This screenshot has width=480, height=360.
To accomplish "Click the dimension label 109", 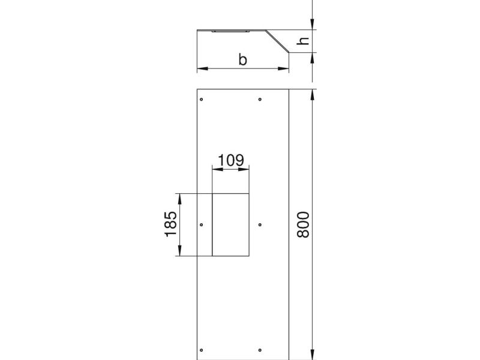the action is (x=231, y=160).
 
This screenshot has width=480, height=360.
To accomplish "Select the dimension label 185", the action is (x=171, y=224).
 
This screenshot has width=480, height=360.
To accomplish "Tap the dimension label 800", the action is (x=304, y=224).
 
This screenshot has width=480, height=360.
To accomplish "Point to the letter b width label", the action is (x=242, y=59).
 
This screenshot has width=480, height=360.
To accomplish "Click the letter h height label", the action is (x=303, y=41).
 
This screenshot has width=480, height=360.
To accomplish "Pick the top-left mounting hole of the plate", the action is (x=201, y=99).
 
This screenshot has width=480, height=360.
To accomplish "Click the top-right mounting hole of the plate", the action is (x=260, y=99).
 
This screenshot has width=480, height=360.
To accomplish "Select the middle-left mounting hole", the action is (x=201, y=224).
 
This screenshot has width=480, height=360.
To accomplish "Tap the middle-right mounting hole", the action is (x=260, y=224).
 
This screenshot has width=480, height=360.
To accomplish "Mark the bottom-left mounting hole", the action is (x=201, y=350).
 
